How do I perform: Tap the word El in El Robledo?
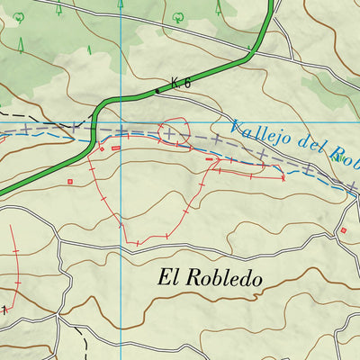[169, 277]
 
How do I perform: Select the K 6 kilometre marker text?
[182, 85]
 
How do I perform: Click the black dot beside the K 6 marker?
[157, 90]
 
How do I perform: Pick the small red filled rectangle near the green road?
[116, 148]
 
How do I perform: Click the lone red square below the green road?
[70, 182]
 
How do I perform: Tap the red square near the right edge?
[342, 231]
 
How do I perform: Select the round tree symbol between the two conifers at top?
[176, 15]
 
